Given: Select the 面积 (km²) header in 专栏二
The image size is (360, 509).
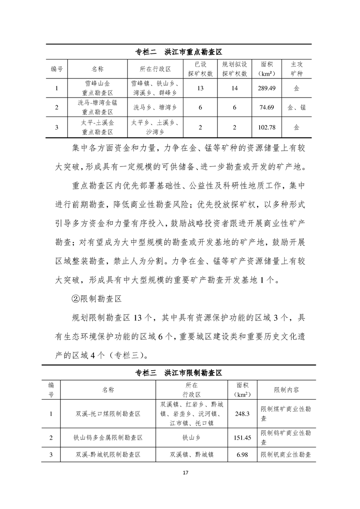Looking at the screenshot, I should coord(266,69).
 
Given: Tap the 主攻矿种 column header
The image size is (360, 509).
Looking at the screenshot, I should coord(296,69).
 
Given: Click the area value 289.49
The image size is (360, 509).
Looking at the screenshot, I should coord(266,88).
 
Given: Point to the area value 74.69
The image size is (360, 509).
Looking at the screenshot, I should coord(266,108).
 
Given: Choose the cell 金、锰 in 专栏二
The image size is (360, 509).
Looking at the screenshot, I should coord(296,108).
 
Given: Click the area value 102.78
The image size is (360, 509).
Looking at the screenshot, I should coord(266,127).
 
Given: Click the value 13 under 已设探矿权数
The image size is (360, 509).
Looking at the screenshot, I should coord(200,88).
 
